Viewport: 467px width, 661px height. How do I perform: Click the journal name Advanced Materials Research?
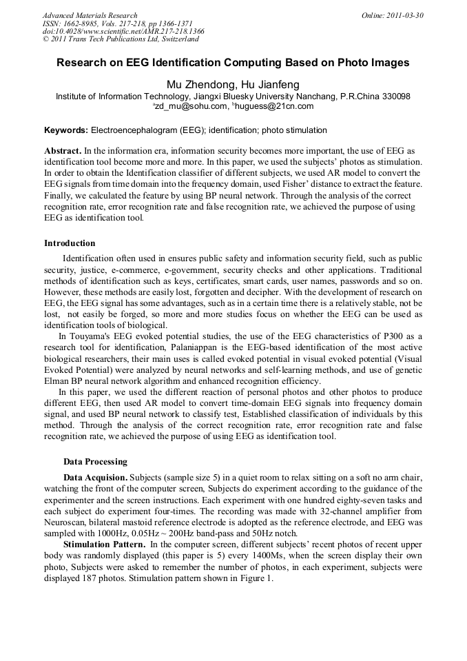coord(90,15)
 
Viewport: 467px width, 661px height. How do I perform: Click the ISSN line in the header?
coord(117,23)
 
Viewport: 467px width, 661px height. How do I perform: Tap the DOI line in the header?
coord(123,32)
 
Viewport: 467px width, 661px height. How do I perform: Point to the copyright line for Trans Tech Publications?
coord(121,40)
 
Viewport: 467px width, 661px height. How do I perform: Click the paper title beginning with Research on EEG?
coord(233,63)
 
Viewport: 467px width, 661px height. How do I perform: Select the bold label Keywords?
coord(66,130)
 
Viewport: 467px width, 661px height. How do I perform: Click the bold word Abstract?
coord(63,150)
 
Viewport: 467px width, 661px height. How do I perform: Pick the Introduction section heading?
coord(70,243)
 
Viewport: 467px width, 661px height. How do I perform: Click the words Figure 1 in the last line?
coord(257,578)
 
